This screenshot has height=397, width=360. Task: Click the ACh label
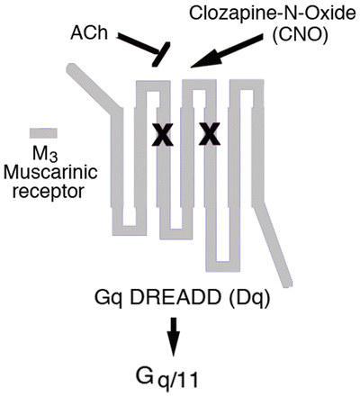point(92,34)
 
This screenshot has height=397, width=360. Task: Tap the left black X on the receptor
point(162,135)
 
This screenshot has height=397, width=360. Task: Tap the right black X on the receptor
point(210,135)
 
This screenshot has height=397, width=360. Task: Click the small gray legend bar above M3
point(44,132)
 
